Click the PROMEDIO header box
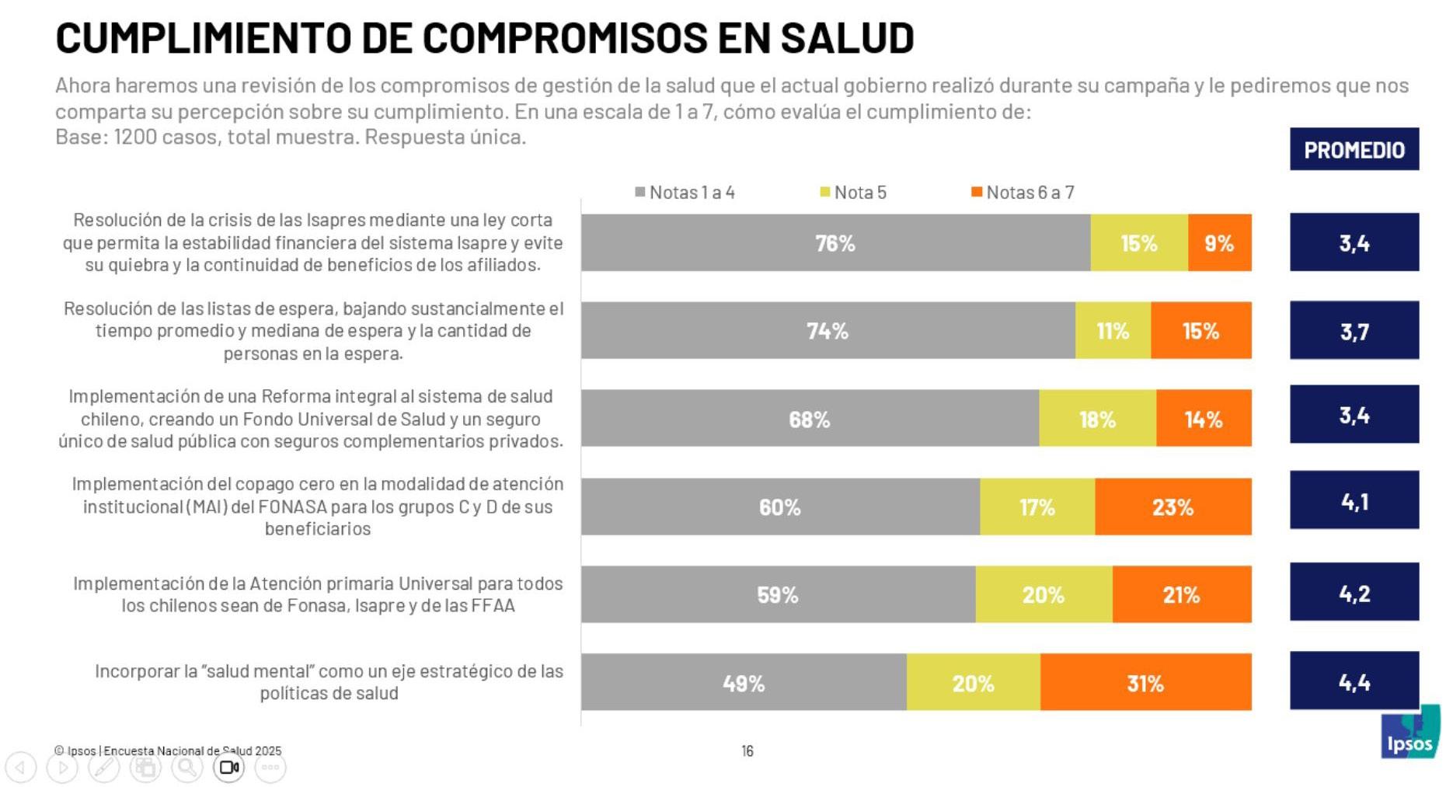point(1354,149)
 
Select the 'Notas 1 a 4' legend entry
point(685,193)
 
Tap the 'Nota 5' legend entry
point(853,193)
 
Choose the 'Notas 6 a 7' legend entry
point(1023,193)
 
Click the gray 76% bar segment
point(835,243)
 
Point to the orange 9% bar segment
point(1219,243)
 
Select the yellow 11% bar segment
point(1113,331)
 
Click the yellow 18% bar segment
point(1097,419)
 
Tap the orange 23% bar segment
point(1172,507)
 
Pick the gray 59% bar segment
point(778,594)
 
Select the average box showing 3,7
point(1354,331)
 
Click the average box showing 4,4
point(1354,681)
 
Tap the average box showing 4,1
point(1354,500)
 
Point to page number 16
point(747,750)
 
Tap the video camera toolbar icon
point(228,768)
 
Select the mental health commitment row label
point(329,682)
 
